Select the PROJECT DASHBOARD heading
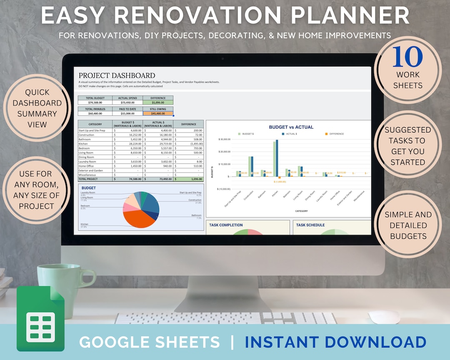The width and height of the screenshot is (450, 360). (117, 75)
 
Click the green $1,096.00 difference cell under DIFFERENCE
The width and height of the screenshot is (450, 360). (158, 102)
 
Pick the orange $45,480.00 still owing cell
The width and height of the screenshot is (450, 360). (158, 113)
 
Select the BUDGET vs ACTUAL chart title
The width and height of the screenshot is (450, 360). (291, 127)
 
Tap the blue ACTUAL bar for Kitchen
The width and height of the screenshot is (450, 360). (277, 158)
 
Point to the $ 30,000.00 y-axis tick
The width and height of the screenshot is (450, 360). (224, 139)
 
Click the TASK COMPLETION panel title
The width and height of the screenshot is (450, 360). (226, 225)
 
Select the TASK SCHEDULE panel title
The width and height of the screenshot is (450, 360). (310, 225)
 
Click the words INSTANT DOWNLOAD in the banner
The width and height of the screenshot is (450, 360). (335, 342)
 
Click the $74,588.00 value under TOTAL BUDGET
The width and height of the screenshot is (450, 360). (95, 102)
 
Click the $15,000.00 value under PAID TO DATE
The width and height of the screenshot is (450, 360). (127, 113)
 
